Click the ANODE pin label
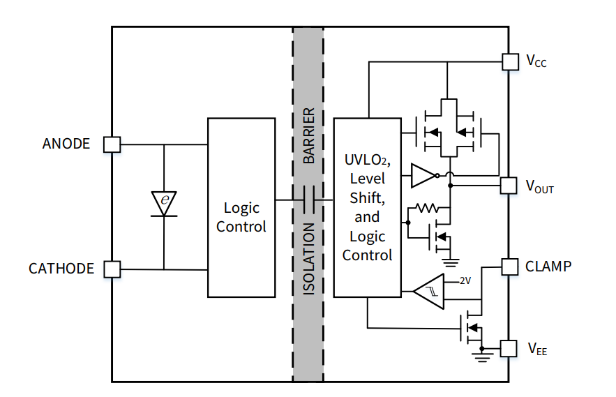(66, 144)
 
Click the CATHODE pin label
(61, 269)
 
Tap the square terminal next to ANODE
(112, 144)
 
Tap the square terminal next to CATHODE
(112, 269)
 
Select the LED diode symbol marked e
(164, 202)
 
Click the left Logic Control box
(241, 208)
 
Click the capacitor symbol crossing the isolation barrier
(308, 201)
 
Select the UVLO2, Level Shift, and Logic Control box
(368, 207)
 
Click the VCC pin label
(536, 61)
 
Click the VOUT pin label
(539, 186)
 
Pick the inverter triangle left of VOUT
(423, 176)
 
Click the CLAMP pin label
(548, 266)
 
